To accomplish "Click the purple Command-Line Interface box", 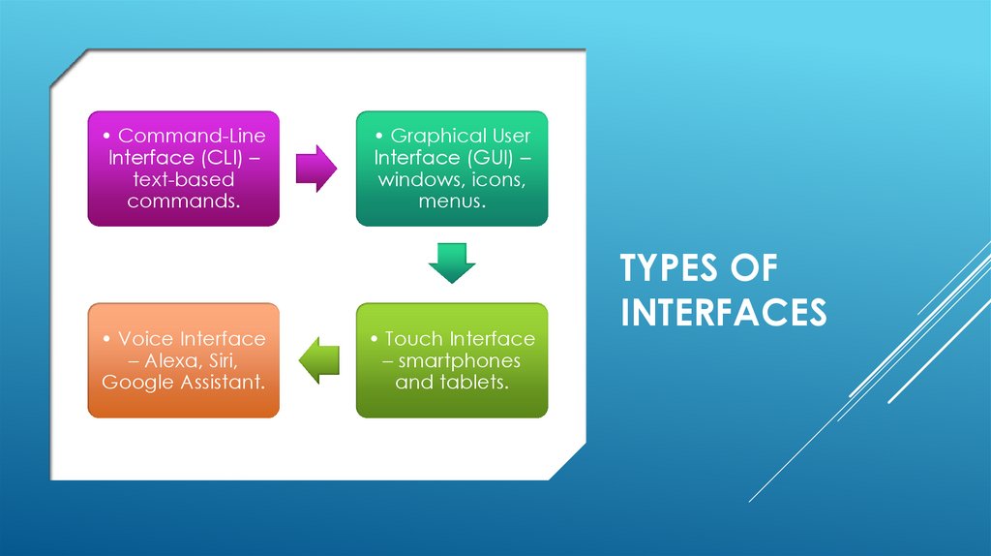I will tap(183, 169).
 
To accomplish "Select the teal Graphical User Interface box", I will tap(451, 169).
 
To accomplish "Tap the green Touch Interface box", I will tap(451, 360).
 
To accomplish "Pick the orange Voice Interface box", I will tap(183, 360).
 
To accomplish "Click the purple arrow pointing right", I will tap(316, 169).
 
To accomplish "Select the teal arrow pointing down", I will tap(452, 263).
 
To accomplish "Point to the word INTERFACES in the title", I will tap(723, 313).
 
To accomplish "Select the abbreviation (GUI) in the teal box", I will tap(493, 158).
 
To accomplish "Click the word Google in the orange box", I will tap(135, 382).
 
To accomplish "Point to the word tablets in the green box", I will tap(475, 382).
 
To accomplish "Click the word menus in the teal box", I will tap(451, 201).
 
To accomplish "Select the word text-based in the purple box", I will tap(183, 180).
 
